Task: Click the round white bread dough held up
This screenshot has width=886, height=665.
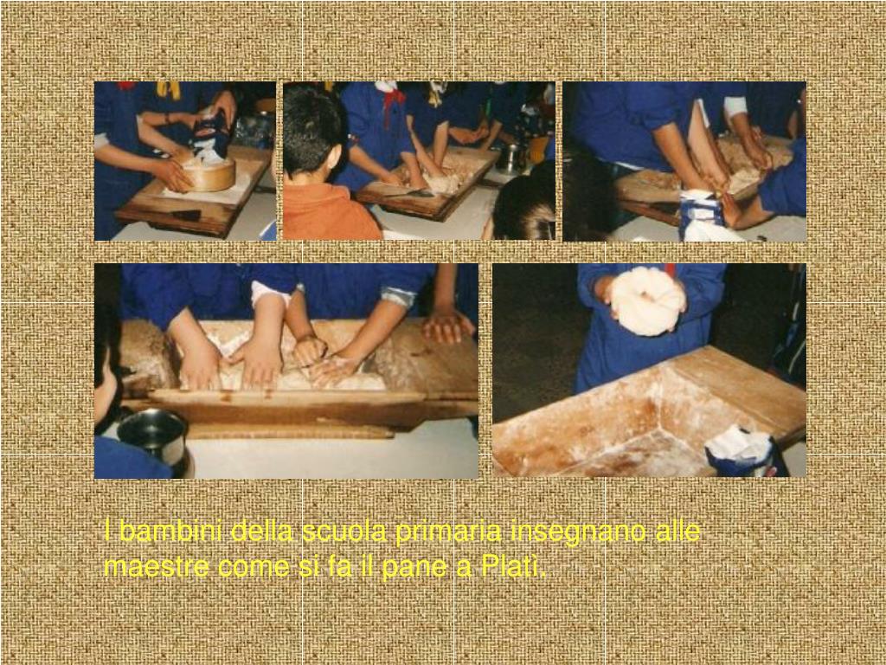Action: pyautogui.click(x=647, y=301)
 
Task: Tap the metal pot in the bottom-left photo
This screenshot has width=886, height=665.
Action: pyautogui.click(x=152, y=437)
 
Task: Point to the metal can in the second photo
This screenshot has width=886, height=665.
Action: pyautogui.click(x=510, y=158)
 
